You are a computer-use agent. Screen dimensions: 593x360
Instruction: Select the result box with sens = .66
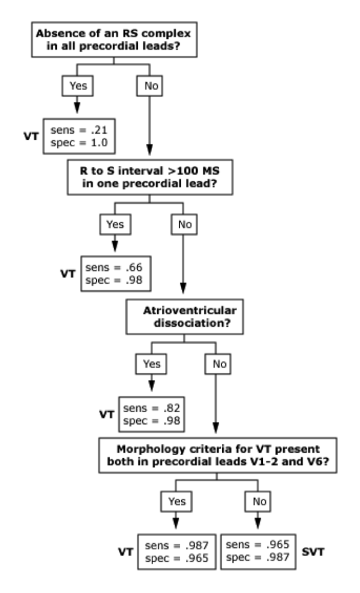point(112,273)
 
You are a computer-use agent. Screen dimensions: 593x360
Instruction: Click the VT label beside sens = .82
point(107,414)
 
